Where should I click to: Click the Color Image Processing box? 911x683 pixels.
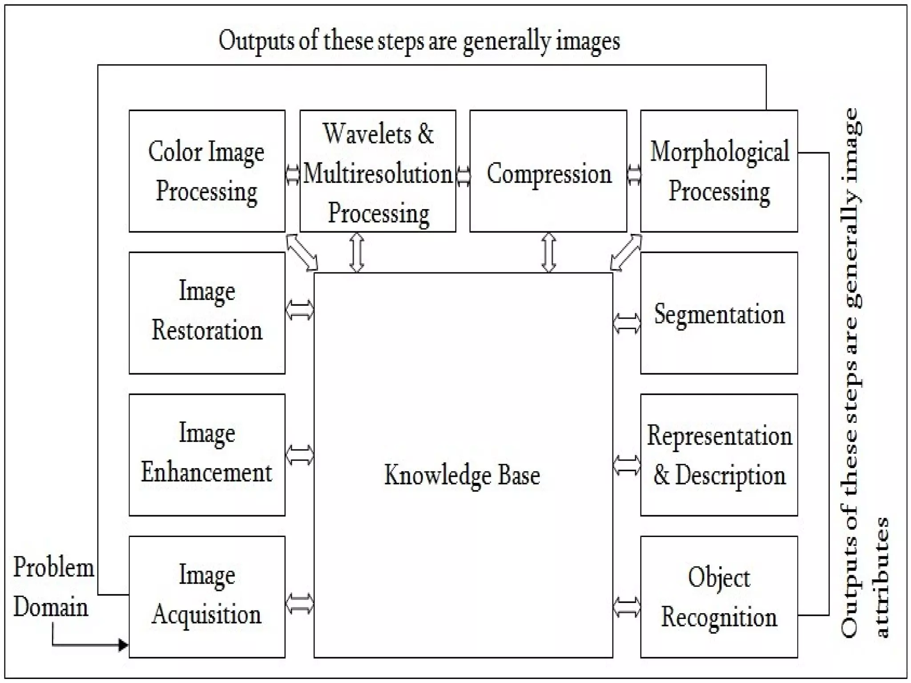[x=207, y=171]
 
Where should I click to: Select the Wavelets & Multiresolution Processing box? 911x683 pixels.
[x=378, y=171]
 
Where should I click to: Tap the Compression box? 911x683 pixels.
[x=548, y=171]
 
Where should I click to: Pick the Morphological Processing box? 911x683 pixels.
[x=719, y=171]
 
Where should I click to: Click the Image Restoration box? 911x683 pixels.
[x=207, y=313]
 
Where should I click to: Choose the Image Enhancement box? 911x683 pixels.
[x=207, y=454]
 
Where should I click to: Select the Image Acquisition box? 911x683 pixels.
[x=207, y=596]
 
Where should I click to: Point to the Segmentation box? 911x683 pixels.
[x=719, y=313]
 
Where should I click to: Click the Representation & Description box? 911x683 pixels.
[x=719, y=454]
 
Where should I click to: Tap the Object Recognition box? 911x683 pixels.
[x=719, y=596]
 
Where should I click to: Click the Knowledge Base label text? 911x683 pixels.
[x=462, y=475]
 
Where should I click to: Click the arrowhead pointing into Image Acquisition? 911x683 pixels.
[x=123, y=644]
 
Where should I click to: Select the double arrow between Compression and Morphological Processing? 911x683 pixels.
[x=634, y=174]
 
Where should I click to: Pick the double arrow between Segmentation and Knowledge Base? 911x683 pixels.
[x=627, y=323]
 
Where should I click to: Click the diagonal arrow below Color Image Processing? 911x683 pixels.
[x=302, y=252]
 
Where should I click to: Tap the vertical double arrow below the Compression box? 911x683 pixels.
[x=548, y=252]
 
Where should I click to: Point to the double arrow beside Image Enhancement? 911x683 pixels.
[x=299, y=455]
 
